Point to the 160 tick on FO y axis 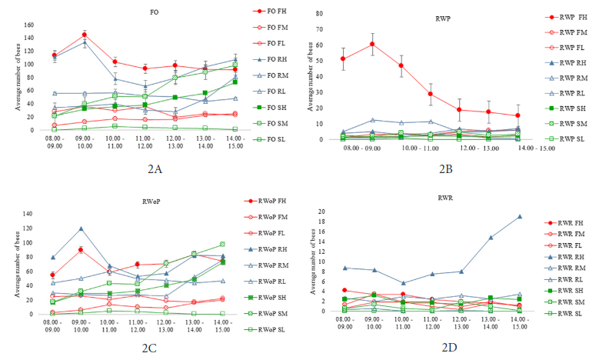coord(28,25)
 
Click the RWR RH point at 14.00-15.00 coord(520,216)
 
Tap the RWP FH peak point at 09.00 coord(371,44)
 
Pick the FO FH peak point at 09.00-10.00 coord(84,35)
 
